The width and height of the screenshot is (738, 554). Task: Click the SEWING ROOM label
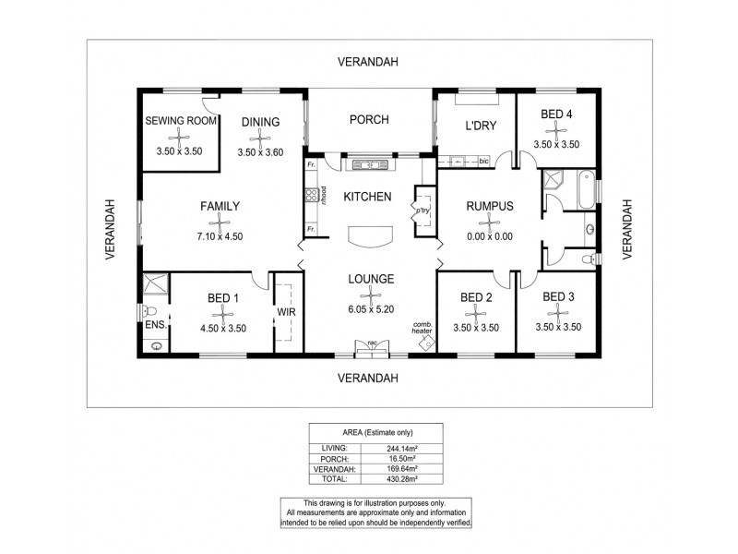(x=181, y=121)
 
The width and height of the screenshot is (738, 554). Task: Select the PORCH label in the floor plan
(x=369, y=120)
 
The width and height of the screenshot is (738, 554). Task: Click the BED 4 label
(x=556, y=114)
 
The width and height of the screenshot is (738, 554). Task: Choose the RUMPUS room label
(x=489, y=206)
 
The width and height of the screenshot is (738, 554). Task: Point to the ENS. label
(x=153, y=326)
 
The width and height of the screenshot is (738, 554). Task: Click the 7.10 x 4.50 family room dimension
(x=220, y=236)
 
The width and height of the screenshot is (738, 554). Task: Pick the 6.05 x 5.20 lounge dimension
(x=371, y=309)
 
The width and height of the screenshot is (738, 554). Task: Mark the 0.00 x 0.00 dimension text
(x=489, y=236)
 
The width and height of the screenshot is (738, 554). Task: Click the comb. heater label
(x=423, y=326)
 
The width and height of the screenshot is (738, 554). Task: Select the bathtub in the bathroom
(x=585, y=189)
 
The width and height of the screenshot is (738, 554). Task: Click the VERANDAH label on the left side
(x=110, y=228)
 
